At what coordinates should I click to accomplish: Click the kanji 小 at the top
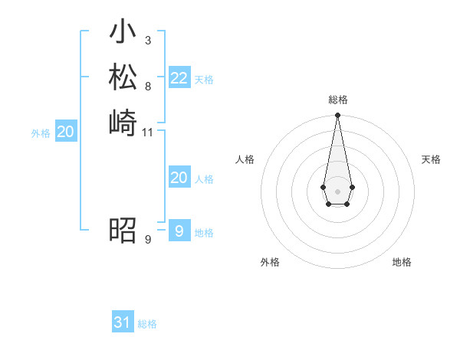(123, 33)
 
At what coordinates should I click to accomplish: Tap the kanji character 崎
(123, 122)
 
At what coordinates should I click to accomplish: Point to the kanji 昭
(123, 230)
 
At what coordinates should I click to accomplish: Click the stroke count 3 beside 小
(147, 40)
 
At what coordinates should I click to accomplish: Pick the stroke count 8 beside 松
(147, 85)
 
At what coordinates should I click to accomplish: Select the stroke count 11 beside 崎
(148, 132)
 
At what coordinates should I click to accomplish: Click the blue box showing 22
(179, 78)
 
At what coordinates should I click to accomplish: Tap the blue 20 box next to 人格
(179, 178)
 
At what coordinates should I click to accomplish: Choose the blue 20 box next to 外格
(66, 133)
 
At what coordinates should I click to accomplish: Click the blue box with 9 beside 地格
(179, 231)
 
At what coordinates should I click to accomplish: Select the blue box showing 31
(123, 322)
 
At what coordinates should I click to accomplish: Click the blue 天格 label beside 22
(204, 80)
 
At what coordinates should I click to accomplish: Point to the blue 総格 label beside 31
(147, 324)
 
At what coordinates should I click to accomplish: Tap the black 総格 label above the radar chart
(337, 100)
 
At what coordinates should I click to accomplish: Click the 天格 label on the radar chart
(431, 159)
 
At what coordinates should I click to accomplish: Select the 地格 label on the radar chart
(402, 262)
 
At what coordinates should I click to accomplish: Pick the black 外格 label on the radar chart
(270, 262)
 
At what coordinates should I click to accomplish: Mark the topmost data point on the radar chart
(337, 115)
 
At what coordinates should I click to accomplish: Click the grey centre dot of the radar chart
(337, 191)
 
